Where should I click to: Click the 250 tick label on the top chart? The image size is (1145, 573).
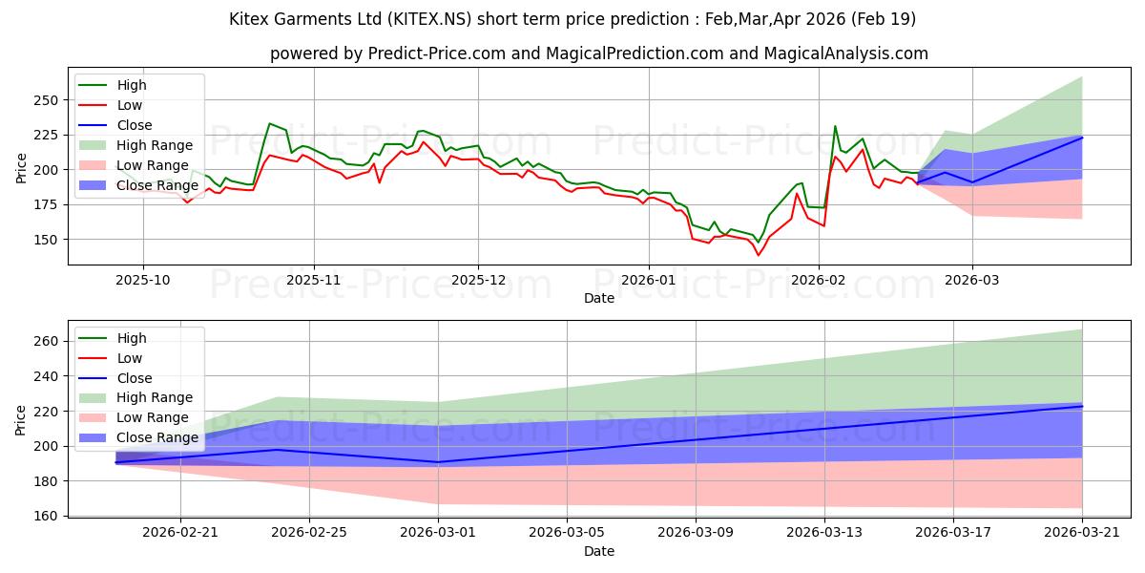(46, 100)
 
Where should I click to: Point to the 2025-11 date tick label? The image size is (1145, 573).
(313, 281)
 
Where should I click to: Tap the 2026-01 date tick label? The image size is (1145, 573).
(649, 281)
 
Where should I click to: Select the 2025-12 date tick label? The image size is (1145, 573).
(478, 281)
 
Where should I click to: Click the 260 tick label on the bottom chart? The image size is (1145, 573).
(46, 341)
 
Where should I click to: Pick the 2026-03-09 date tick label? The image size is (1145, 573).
(696, 533)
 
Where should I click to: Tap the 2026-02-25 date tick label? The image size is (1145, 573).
(309, 533)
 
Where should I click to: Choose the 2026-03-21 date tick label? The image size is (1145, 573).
(1082, 533)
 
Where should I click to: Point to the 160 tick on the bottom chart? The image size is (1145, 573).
(46, 517)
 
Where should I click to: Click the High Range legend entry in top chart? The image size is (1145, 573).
(135, 145)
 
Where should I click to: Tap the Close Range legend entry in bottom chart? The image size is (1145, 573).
(138, 438)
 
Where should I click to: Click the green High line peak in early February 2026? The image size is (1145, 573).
(835, 126)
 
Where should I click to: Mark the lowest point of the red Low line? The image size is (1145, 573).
(758, 255)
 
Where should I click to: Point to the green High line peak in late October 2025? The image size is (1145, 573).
(270, 123)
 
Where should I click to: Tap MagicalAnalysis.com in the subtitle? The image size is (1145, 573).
(846, 53)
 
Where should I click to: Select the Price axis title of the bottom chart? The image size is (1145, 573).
(20, 420)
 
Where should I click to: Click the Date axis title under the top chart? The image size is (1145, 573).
(599, 298)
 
